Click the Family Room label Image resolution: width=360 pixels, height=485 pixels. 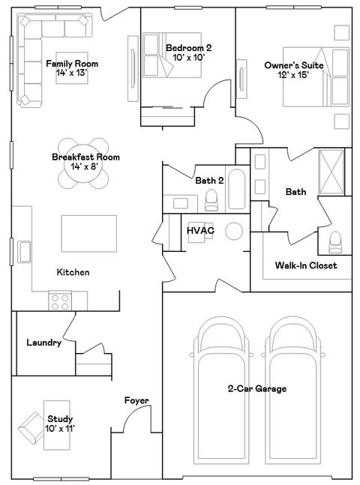(x=72, y=68)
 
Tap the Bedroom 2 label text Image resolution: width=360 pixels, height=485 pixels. (x=184, y=53)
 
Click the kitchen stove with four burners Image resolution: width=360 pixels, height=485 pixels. (x=60, y=301)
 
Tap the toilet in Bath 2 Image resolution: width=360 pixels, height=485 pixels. (x=211, y=198)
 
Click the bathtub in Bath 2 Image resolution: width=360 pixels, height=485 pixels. (x=235, y=192)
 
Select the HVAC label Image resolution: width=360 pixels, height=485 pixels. (x=200, y=230)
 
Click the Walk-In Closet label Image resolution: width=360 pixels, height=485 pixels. (x=305, y=265)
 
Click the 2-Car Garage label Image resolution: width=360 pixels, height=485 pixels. (x=257, y=389)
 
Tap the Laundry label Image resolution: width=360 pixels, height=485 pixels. (x=43, y=343)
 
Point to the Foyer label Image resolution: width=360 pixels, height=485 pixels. (x=136, y=401)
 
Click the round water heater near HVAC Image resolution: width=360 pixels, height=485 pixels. (x=235, y=230)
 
